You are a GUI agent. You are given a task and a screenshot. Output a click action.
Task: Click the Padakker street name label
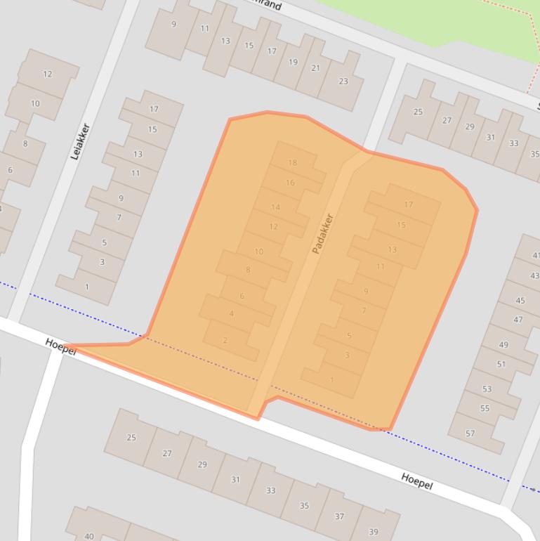322,234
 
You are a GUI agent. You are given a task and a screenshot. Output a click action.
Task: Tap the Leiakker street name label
80,141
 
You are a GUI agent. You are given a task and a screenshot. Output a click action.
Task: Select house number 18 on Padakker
292,162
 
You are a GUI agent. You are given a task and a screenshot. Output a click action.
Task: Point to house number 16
290,183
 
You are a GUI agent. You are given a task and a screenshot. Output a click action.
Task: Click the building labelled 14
275,207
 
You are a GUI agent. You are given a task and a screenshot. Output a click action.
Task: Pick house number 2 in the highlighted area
225,341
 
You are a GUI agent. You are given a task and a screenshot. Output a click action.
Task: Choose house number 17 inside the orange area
409,204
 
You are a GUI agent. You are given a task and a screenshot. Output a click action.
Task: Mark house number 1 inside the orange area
332,380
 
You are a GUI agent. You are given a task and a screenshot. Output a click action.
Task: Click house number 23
343,81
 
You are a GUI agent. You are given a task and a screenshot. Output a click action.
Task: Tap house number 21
315,68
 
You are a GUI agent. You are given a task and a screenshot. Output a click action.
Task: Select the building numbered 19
293,62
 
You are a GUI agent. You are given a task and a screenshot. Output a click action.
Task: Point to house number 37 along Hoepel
339,516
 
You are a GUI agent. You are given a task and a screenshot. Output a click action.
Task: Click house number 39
374,531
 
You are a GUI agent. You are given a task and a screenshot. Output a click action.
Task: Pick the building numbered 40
89,536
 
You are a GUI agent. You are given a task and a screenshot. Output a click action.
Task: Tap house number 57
470,434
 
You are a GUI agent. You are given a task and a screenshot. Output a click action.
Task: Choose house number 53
487,389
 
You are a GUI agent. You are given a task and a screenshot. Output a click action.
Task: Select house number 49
503,345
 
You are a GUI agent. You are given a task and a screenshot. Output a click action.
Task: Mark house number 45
520,301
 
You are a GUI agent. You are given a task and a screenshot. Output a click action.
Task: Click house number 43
534,276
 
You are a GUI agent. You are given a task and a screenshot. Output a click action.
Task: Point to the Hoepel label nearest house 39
416,482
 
